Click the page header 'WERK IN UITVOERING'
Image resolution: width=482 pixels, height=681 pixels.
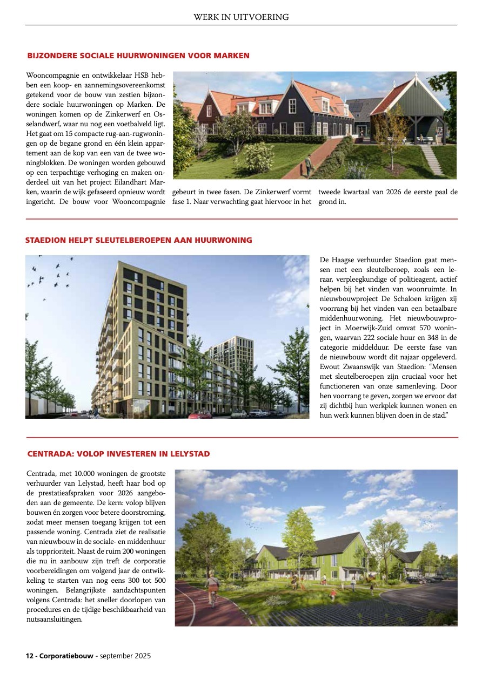241,17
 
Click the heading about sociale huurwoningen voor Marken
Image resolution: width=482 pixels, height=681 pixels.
138,56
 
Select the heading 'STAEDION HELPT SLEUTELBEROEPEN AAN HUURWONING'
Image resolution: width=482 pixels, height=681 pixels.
138,240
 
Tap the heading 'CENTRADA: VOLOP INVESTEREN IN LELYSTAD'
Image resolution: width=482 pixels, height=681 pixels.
118,454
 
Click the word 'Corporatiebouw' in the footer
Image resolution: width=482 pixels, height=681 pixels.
65,656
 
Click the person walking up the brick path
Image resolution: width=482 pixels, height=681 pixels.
308,164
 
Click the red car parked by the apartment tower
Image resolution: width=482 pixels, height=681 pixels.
202,414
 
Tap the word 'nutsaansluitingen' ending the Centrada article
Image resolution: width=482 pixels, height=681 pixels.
54,619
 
